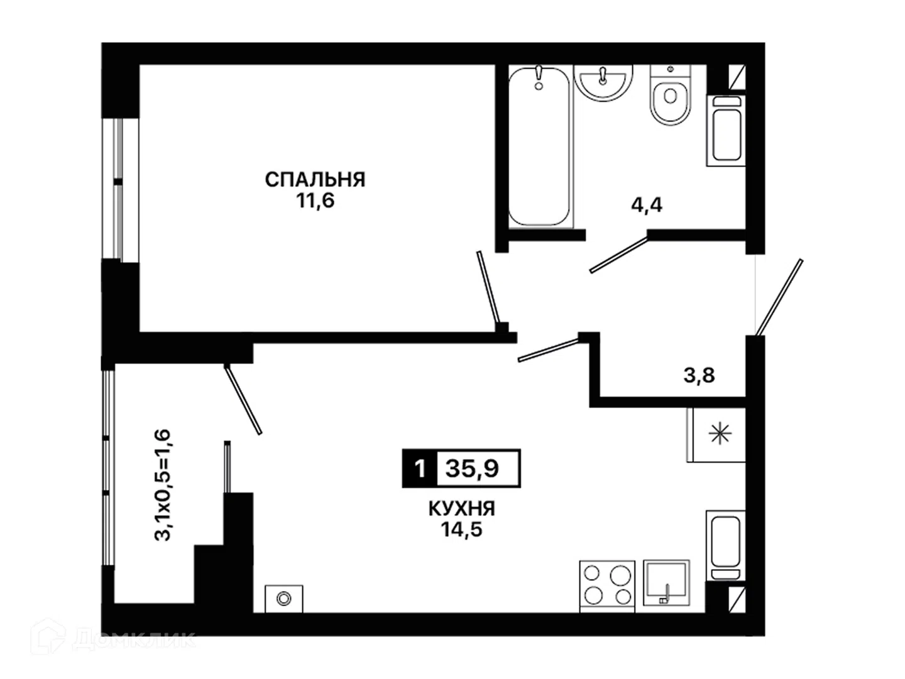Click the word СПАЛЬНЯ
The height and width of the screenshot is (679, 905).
click(x=315, y=180)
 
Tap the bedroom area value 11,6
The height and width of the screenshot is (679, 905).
click(x=315, y=201)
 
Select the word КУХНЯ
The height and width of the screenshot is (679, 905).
click(x=462, y=509)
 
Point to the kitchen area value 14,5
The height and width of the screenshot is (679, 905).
click(x=462, y=529)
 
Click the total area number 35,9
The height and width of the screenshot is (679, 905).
click(x=472, y=468)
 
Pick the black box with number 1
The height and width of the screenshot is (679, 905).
click(x=420, y=468)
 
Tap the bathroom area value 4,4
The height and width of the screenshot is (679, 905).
click(x=647, y=205)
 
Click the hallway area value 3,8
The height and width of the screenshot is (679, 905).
click(x=699, y=375)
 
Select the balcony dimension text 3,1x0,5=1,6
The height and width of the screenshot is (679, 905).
click(x=162, y=485)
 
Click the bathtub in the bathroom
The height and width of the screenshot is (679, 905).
click(x=539, y=146)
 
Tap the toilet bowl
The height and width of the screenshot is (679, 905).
click(x=670, y=95)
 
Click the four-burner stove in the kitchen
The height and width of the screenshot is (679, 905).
click(x=607, y=587)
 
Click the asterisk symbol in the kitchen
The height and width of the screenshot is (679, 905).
click(x=720, y=434)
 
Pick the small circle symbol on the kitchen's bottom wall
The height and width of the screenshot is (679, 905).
click(x=283, y=598)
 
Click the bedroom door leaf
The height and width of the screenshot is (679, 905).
click(x=488, y=287)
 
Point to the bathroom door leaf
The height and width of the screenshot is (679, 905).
click(x=619, y=255)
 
